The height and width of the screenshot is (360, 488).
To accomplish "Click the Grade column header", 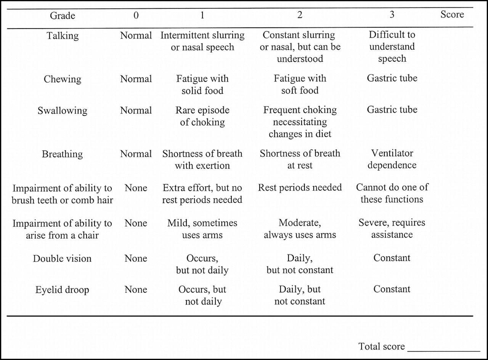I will tap(63, 16).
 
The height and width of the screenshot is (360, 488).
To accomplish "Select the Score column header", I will tap(452, 14).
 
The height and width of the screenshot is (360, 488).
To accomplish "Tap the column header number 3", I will tap(392, 15).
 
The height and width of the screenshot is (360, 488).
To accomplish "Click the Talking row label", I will tap(63, 35).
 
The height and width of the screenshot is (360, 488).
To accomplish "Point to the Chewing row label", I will tap(63, 79).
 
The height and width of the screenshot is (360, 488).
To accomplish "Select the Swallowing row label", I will tap(63, 111).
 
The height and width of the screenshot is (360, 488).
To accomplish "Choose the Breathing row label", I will tap(63, 154).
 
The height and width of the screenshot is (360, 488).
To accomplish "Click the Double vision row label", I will tap(63, 259).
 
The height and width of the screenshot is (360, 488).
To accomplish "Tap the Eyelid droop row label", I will tap(63, 290).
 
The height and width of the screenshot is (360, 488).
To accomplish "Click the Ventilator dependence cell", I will tap(392, 159).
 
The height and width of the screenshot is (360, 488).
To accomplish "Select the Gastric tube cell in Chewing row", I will tap(392, 78).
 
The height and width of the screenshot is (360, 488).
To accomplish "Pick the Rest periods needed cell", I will tap(300, 188).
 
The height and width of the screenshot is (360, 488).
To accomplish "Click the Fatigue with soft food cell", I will tap(300, 85).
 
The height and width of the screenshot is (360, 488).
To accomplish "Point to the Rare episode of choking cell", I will tap(202, 116).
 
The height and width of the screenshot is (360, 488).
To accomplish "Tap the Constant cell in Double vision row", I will tap(392, 258).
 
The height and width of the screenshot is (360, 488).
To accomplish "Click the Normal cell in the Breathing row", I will tap(136, 154).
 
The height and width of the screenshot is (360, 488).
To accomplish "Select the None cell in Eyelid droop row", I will tap(136, 290).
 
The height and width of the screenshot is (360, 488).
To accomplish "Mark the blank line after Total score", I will tap(443, 349).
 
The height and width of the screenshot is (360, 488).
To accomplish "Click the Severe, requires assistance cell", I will tap(392, 228).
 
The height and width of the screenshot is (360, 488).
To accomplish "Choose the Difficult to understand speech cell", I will tap(392, 47).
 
